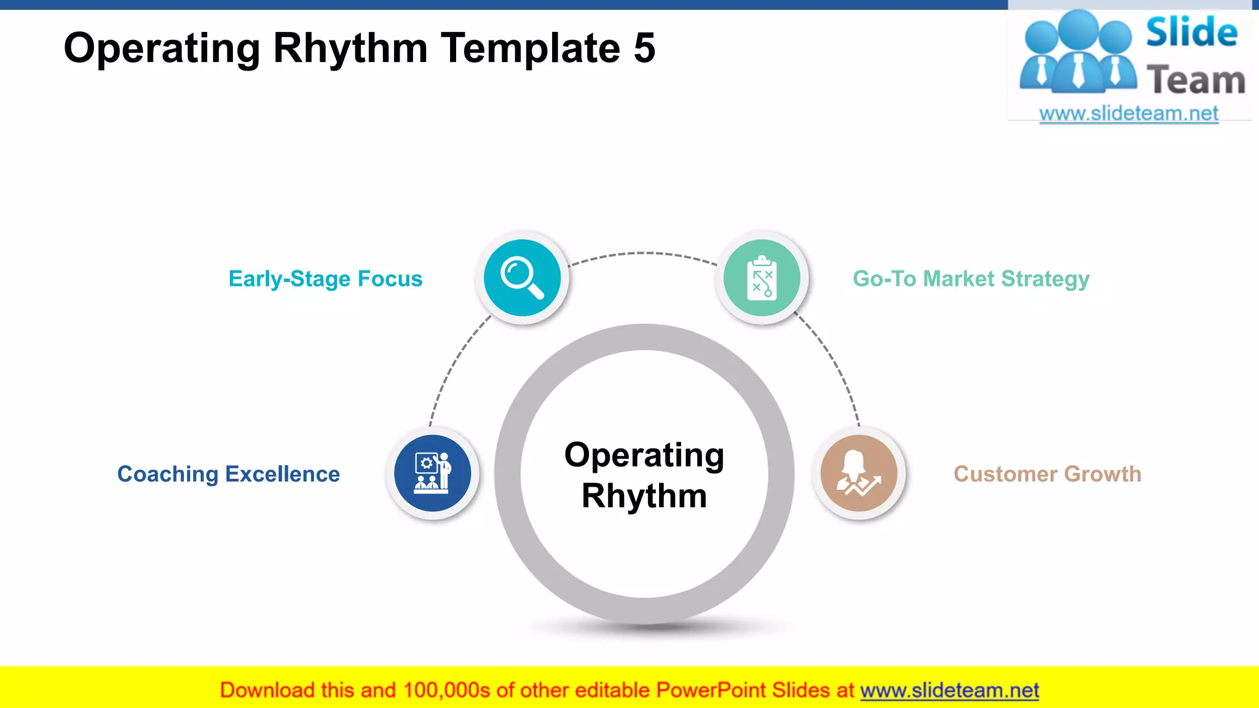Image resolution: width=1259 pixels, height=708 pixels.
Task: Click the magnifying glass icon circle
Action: [x=522, y=278]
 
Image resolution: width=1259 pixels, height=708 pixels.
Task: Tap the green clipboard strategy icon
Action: [x=762, y=278]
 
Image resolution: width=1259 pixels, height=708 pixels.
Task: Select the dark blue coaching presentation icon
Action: [x=432, y=473]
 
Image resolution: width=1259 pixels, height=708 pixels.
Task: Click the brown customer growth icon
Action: [x=859, y=473]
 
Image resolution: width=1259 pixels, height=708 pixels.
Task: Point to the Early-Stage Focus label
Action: [x=325, y=279]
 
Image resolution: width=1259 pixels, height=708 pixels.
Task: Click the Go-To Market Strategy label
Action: [x=971, y=279]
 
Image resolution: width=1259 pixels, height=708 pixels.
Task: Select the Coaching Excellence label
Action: [x=228, y=474]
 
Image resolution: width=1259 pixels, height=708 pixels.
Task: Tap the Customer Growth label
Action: [x=1047, y=474]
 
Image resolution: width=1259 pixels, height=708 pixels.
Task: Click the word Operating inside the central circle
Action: [x=644, y=456]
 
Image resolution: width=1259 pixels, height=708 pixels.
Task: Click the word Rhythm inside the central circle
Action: [x=644, y=496]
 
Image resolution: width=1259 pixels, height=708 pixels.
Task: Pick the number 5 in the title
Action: [x=644, y=48]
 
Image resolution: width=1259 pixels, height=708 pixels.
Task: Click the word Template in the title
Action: [x=531, y=48]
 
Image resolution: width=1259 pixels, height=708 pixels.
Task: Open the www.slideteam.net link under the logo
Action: [x=1129, y=114]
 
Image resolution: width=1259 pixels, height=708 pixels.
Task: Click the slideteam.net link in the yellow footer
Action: [x=949, y=690]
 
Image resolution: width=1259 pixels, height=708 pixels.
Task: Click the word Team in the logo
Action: [x=1196, y=81]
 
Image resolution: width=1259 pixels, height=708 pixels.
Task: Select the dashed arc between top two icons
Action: [x=642, y=253]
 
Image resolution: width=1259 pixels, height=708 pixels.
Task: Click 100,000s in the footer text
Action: [x=446, y=690]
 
